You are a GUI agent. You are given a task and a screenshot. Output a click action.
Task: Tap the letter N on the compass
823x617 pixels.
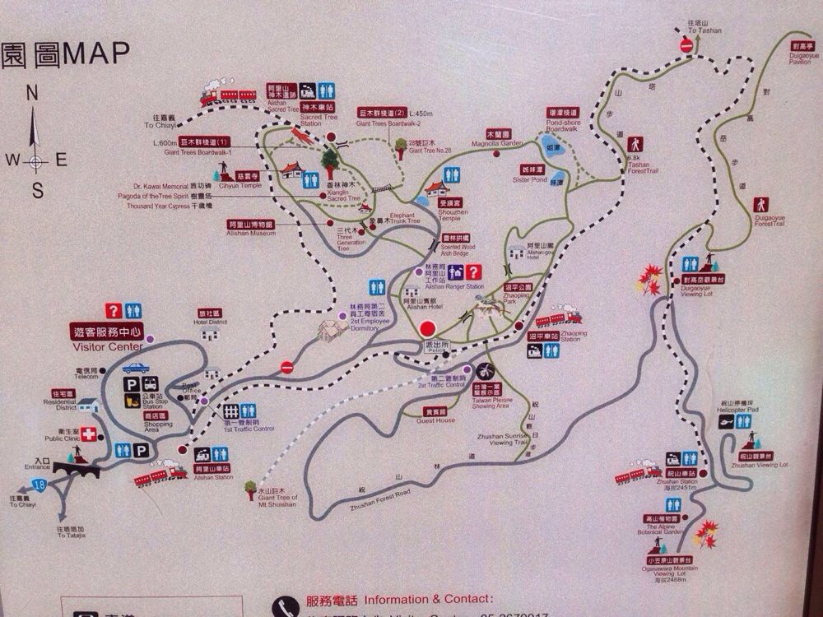[33, 93]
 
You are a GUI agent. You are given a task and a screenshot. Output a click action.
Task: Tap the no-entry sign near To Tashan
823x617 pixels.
[686, 46]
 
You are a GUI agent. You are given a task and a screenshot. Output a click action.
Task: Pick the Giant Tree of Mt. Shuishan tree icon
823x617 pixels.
[250, 492]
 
